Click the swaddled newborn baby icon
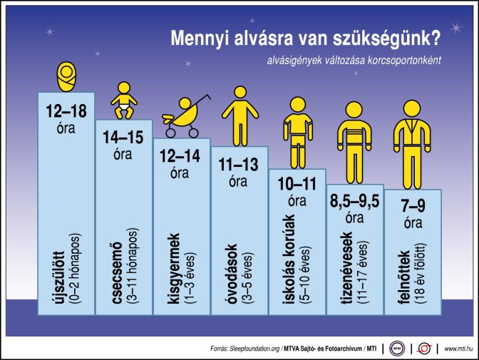pos(66,75)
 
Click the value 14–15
pos(123,135)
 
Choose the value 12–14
pos(181,155)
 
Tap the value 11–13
pos(239,165)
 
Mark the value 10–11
pos(297,185)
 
